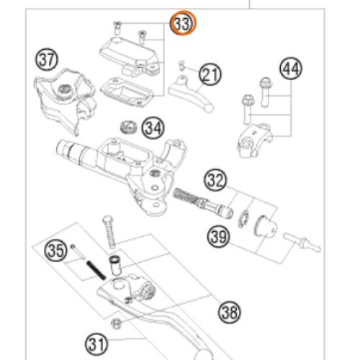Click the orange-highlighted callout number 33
pyautogui.click(x=183, y=24)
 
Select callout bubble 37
pyautogui.click(x=47, y=59)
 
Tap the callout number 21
pyautogui.click(x=210, y=74)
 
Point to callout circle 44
pyautogui.click(x=291, y=68)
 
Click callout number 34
pyautogui.click(x=153, y=128)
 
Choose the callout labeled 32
pyautogui.click(x=215, y=180)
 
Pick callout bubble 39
pyautogui.click(x=218, y=237)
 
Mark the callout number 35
pyautogui.click(x=55, y=251)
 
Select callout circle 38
pyautogui.click(x=230, y=312)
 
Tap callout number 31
pyautogui.click(x=96, y=344)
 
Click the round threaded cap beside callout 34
pyautogui.click(x=129, y=127)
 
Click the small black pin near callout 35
pyautogui.click(x=96, y=270)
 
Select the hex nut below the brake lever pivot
pyautogui.click(x=116, y=324)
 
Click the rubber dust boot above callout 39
pyautogui.click(x=266, y=225)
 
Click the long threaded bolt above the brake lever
pyautogui.click(x=109, y=232)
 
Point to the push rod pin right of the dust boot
pyautogui.click(x=302, y=242)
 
